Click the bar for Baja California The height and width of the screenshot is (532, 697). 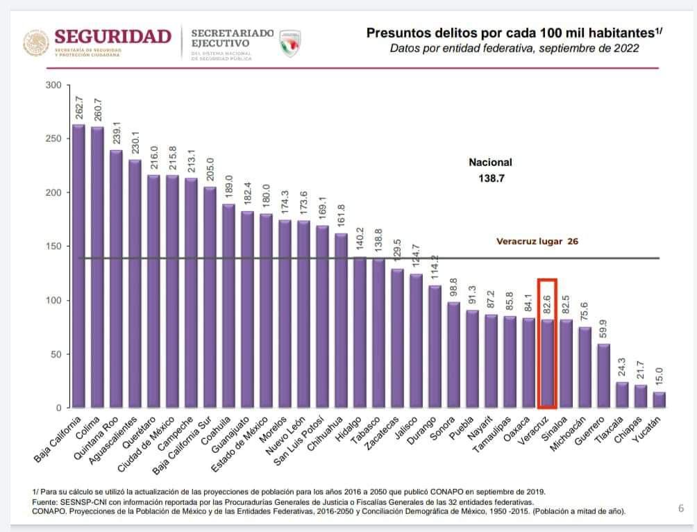point(78,267)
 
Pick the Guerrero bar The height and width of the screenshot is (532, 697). point(603,376)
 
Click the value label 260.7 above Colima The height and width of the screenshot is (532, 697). point(98,111)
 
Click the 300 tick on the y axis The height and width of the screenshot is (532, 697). point(54,85)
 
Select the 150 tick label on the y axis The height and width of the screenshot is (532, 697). point(54,247)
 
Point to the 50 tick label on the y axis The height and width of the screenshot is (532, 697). point(57,354)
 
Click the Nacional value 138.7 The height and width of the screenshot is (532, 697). point(491,178)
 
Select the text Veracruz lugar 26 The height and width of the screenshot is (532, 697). point(537,242)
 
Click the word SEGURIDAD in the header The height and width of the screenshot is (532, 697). point(112,37)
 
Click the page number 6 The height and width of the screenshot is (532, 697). point(681,508)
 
